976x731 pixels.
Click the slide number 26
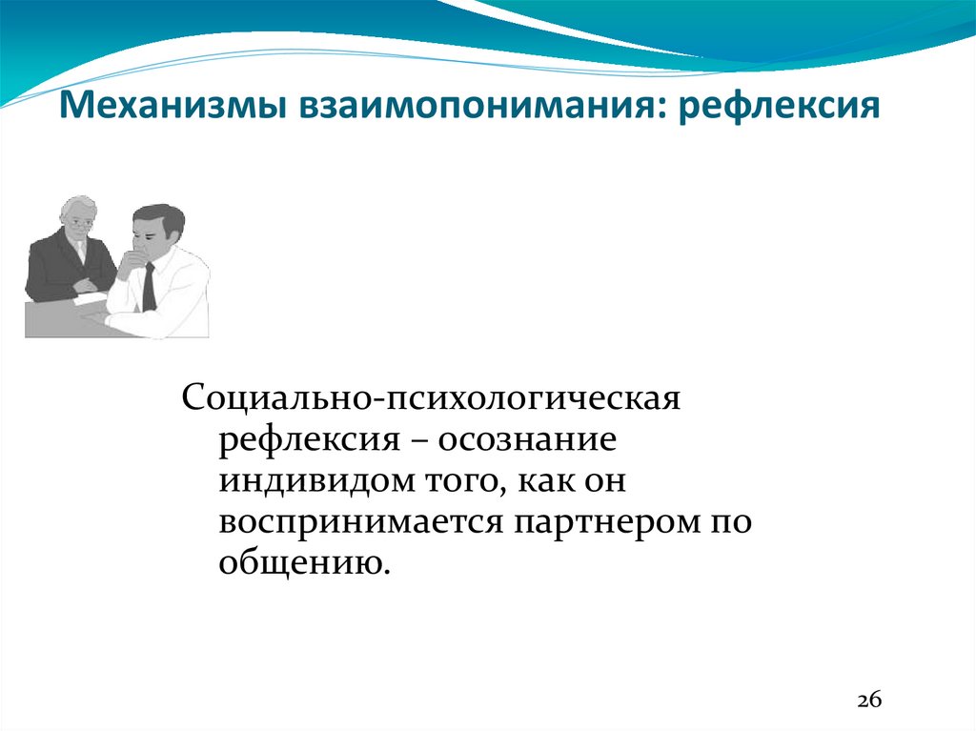click(x=869, y=698)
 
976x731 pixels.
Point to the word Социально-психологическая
click(x=430, y=396)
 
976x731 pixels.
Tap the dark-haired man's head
click(x=156, y=230)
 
